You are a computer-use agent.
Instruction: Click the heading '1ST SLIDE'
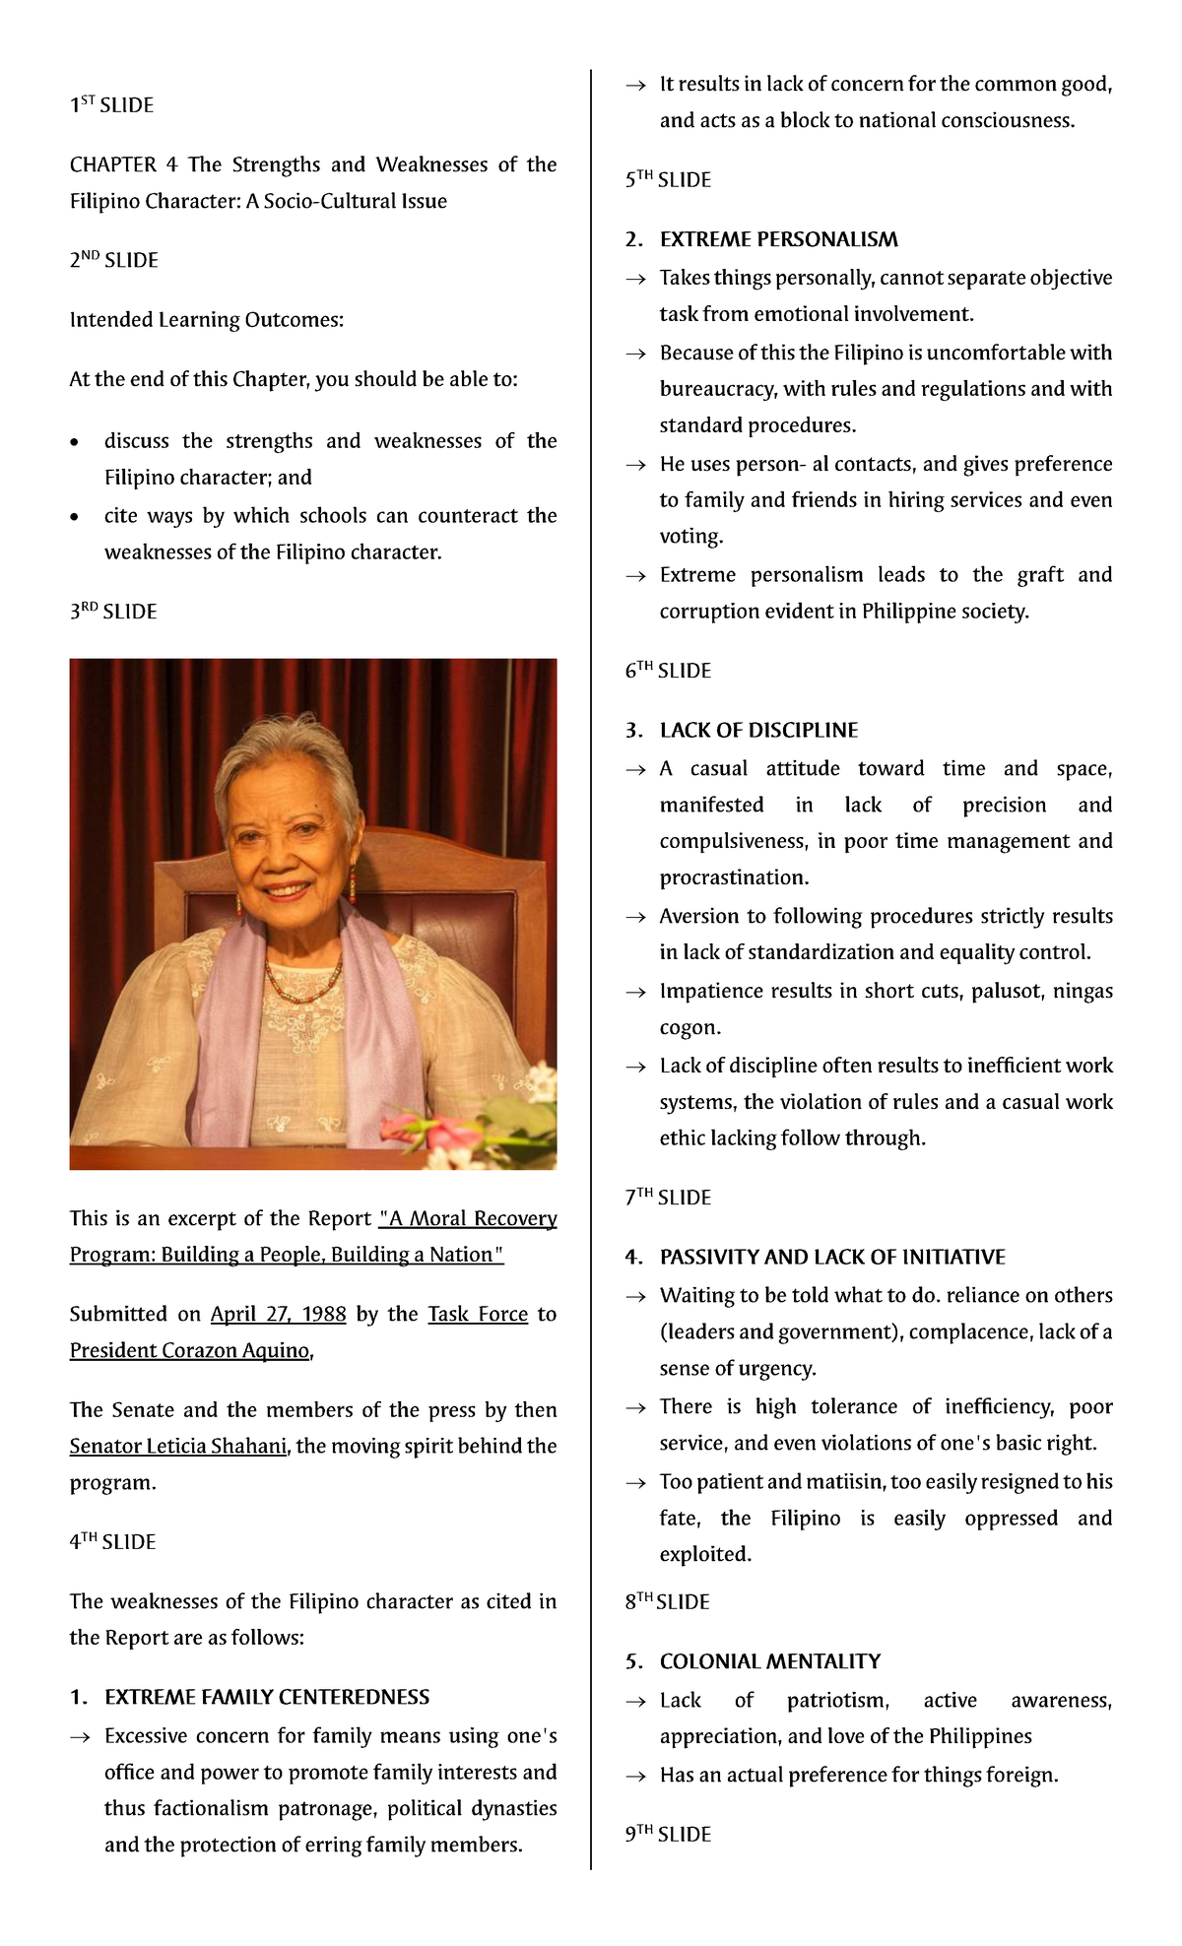111,104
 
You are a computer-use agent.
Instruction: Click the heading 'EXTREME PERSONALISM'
778,239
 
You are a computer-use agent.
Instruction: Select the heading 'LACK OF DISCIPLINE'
758,730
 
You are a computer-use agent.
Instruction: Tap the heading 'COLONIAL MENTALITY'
770,1661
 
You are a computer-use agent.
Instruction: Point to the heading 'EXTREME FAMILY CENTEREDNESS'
267,1697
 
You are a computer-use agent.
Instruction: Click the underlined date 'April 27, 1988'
278,1314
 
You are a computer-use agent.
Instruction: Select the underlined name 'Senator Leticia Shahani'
178,1446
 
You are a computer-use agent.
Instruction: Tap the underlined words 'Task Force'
478,1314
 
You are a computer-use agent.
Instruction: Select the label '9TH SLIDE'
668,1834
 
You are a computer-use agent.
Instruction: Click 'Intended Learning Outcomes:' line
206,320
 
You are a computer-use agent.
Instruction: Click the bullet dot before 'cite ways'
74,517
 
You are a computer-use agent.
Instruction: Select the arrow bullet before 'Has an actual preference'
636,1776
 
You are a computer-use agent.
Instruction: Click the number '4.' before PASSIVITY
634,1258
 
